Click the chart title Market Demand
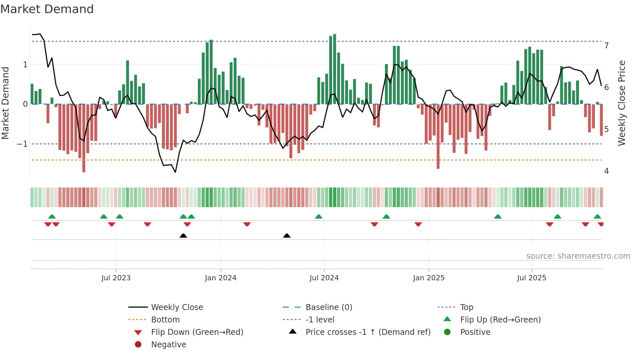[47, 9]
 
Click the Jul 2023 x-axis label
[116, 278]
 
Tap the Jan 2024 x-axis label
[220, 278]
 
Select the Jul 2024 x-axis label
[324, 278]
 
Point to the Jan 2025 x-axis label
[428, 278]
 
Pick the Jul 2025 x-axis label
[532, 278]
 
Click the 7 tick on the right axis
[606, 46]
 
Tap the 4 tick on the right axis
[606, 171]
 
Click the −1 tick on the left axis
[22, 144]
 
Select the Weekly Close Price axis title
[622, 103]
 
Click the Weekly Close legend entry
[177, 307]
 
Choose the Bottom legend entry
[165, 320]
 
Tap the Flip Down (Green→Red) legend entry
[197, 332]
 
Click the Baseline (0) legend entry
[328, 307]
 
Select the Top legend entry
[467, 307]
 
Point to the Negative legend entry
[168, 345]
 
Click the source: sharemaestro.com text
[578, 256]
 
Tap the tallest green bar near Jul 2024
[334, 69]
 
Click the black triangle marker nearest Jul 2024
[287, 236]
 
